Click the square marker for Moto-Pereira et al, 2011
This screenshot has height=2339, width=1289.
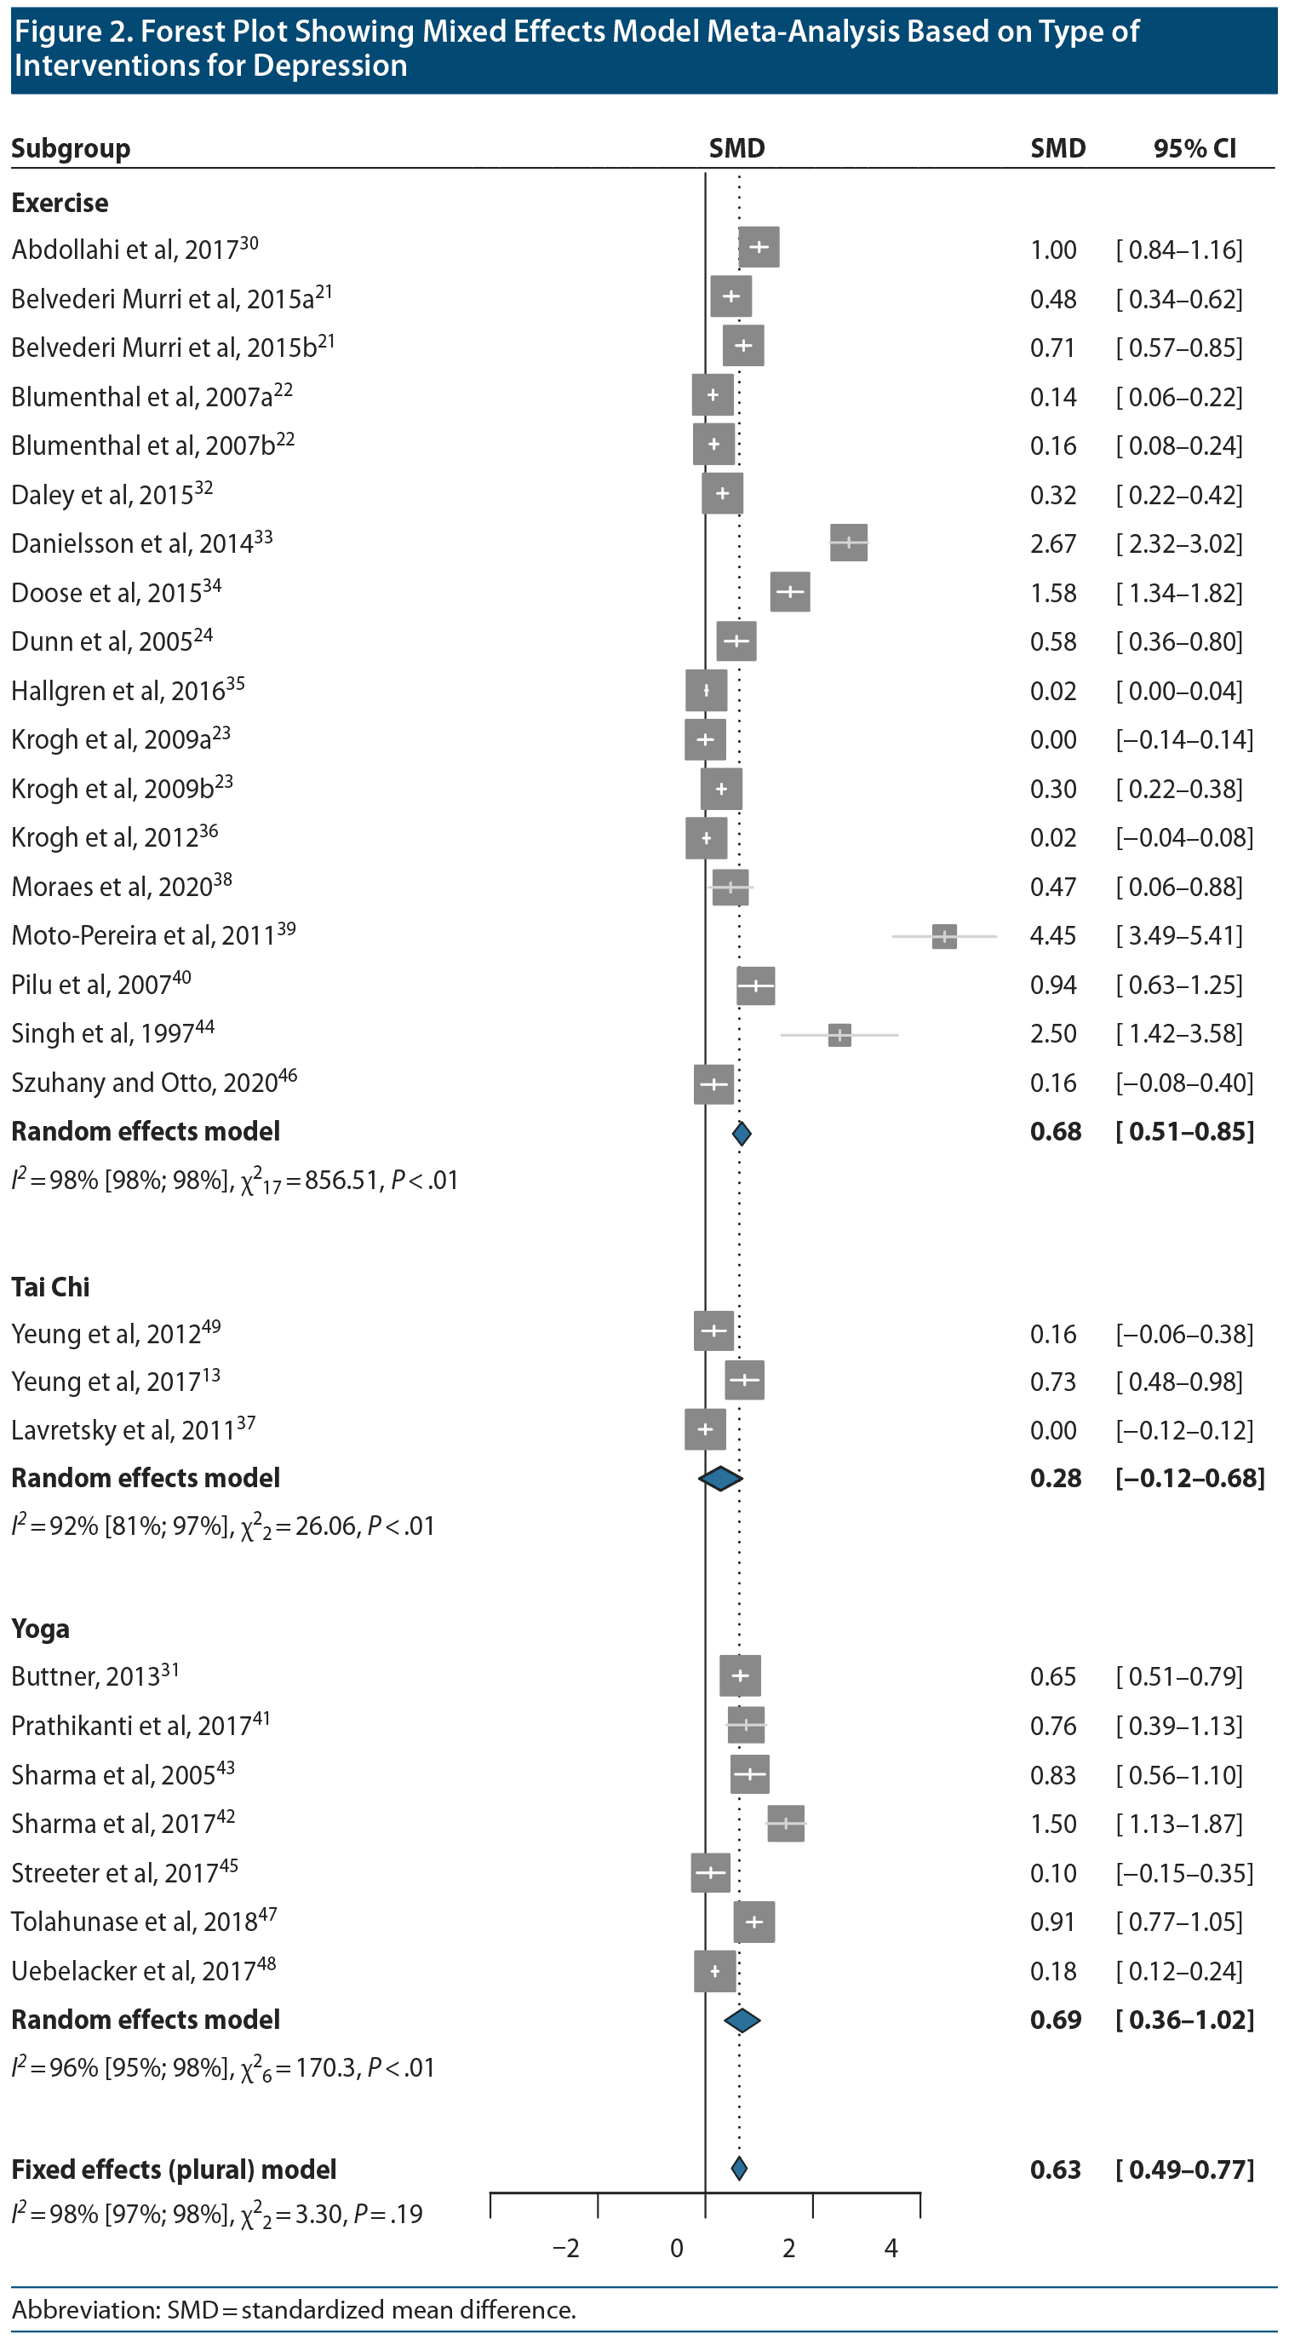pos(944,936)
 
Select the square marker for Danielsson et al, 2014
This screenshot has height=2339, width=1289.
pos(849,543)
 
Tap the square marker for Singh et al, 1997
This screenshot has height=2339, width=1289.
pos(839,1034)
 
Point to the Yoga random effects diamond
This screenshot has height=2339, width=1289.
pos(742,2020)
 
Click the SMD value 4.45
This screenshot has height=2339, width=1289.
pos(1053,936)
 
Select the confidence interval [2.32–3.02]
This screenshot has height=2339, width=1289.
pos(1179,544)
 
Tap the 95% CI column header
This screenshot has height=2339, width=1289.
pos(1194,148)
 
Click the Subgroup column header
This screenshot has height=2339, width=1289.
pos(71,148)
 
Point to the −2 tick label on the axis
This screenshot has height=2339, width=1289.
pos(566,2248)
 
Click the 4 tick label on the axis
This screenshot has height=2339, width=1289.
pos(891,2248)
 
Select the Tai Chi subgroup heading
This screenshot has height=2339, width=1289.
pos(51,1287)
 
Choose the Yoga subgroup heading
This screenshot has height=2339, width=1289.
pos(41,1629)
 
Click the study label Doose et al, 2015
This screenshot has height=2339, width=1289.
pos(116,593)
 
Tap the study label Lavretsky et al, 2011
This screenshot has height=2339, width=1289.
pos(133,1430)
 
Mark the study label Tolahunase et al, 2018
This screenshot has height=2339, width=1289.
pos(143,1922)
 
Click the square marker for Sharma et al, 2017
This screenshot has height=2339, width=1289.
pos(786,1824)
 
